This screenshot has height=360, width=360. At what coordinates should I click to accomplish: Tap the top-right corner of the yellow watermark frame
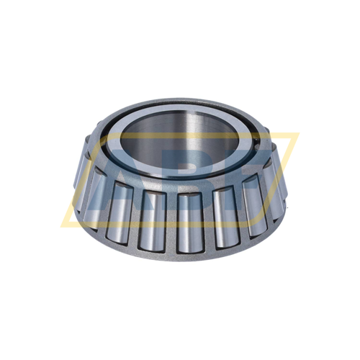click(x=297, y=134)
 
